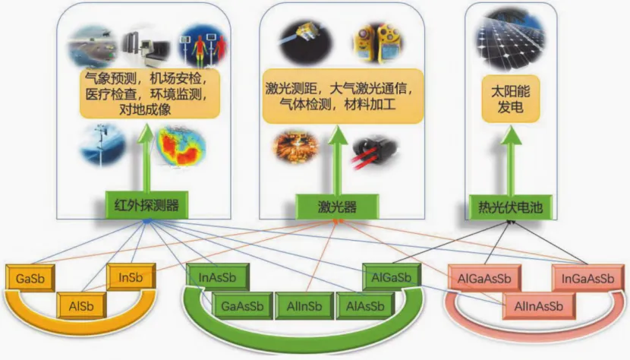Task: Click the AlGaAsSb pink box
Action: click(484, 277)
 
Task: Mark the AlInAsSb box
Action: click(537, 306)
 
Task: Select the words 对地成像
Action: click(146, 109)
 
